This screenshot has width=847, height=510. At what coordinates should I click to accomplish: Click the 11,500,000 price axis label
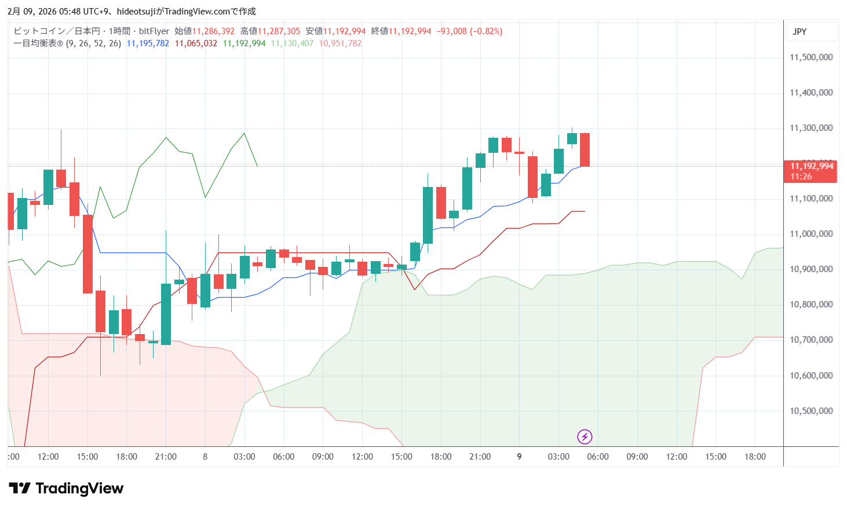pyautogui.click(x=811, y=57)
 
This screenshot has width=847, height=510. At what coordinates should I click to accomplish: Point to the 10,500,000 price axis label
pyautogui.click(x=811, y=411)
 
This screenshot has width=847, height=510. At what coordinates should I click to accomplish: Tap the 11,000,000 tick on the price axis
pyautogui.click(x=811, y=234)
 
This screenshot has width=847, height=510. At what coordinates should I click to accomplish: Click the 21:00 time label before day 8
pyautogui.click(x=166, y=457)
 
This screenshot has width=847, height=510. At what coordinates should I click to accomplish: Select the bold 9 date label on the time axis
pyautogui.click(x=519, y=457)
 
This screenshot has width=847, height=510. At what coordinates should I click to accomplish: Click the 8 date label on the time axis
pyautogui.click(x=205, y=457)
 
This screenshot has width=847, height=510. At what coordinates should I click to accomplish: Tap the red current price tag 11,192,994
pyautogui.click(x=811, y=167)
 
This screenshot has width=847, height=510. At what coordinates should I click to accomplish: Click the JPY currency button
pyautogui.click(x=799, y=32)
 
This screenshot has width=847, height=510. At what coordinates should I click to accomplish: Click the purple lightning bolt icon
pyautogui.click(x=585, y=436)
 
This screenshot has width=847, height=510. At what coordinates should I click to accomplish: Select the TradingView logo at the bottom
pyautogui.click(x=66, y=489)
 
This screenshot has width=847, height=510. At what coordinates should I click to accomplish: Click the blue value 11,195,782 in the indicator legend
pyautogui.click(x=148, y=43)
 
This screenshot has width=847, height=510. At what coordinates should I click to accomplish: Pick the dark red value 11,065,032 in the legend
pyautogui.click(x=196, y=43)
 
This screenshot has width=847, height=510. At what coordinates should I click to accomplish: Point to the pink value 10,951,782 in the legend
pyautogui.click(x=340, y=43)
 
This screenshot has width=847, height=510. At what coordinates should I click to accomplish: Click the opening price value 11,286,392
pyautogui.click(x=213, y=31)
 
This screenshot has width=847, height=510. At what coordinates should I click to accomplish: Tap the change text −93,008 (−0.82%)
pyautogui.click(x=469, y=31)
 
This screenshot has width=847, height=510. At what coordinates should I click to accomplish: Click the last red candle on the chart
pyautogui.click(x=585, y=150)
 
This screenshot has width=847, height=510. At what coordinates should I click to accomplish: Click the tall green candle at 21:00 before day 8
pyautogui.click(x=166, y=314)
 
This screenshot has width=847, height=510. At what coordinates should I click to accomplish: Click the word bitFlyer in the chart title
pyautogui.click(x=154, y=31)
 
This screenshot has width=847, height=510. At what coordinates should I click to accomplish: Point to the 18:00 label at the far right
pyautogui.click(x=755, y=457)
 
